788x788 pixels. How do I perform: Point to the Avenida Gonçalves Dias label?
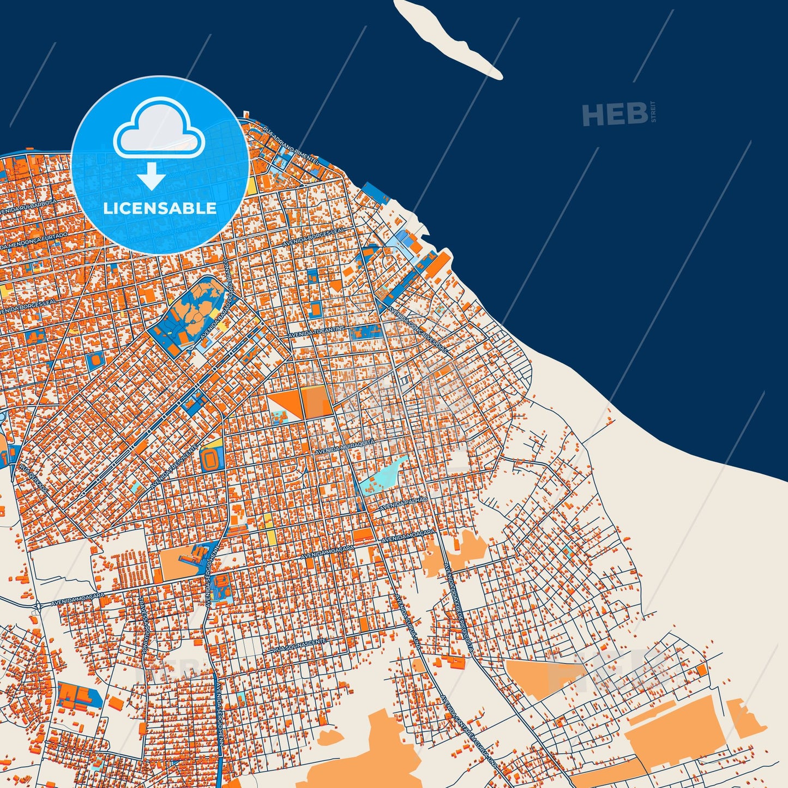point(417,328)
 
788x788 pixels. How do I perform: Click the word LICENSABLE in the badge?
point(160,208)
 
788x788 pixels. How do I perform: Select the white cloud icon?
point(159,129)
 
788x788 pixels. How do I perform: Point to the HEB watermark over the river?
point(615,114)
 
